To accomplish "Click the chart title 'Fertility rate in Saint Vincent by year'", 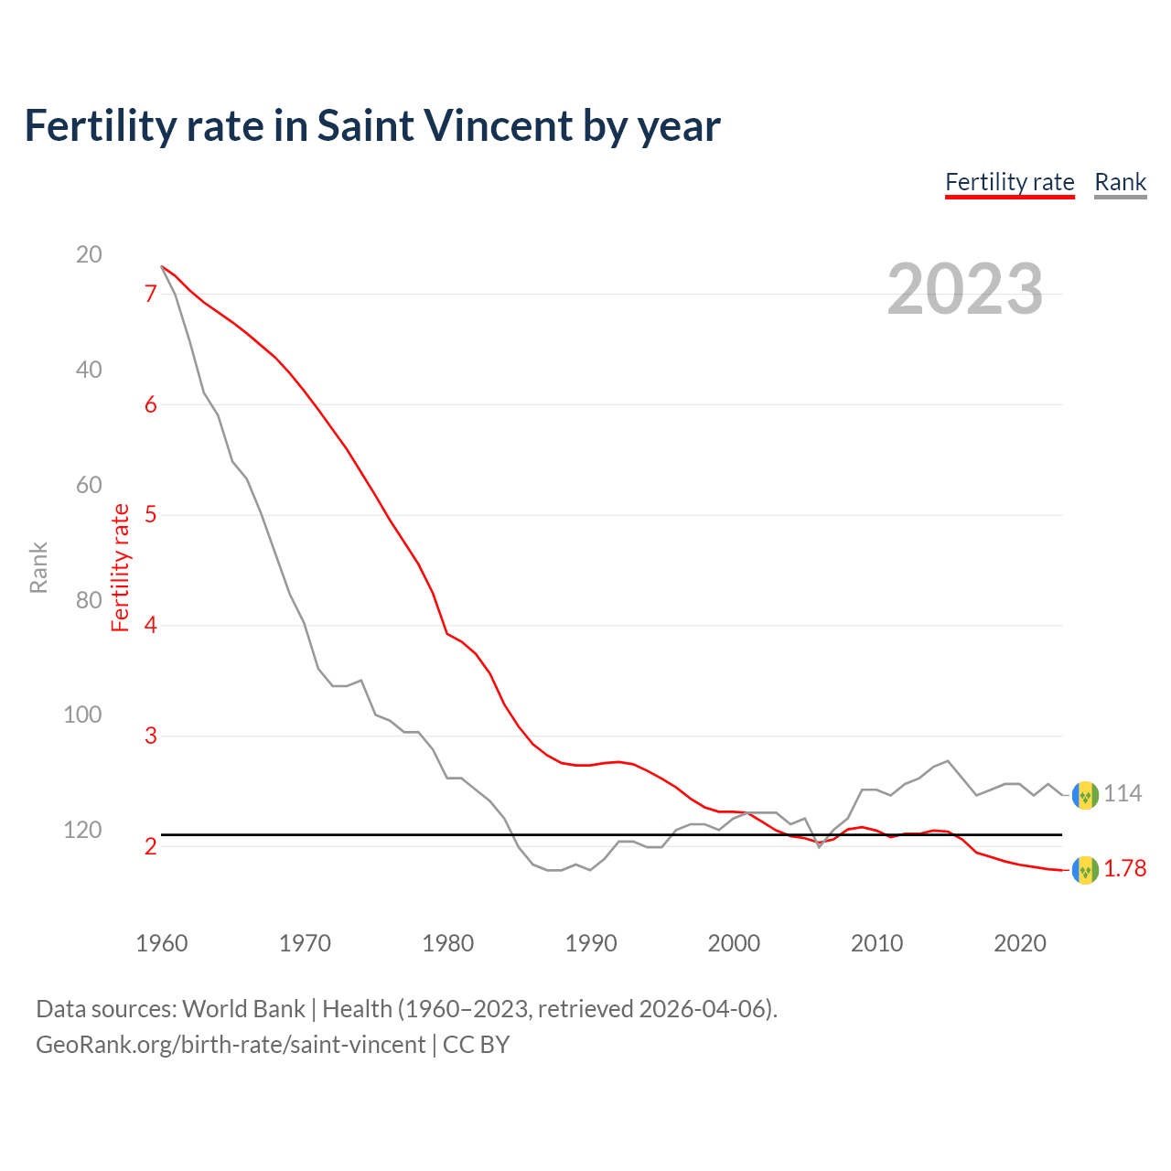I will tap(372, 126).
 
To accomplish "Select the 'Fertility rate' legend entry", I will tap(1009, 183).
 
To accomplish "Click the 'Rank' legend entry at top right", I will tap(1120, 183).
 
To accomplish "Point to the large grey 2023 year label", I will tap(964, 289).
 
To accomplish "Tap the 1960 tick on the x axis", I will tap(162, 943).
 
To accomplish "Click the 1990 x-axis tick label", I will tap(591, 943).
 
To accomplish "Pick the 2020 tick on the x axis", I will tap(1020, 943).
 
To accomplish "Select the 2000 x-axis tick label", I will tap(734, 943).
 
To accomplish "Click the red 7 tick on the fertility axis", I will tap(151, 295).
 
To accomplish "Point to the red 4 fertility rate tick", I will tap(151, 626).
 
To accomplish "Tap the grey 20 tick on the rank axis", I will tap(89, 254).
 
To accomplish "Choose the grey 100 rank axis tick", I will tap(82, 714).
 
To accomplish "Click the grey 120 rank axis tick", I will tap(82, 830).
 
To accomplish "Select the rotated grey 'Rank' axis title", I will tap(38, 567).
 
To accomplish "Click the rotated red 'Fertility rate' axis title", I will tap(120, 567).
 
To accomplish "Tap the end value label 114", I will tap(1123, 794).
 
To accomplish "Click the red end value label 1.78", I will tap(1124, 869).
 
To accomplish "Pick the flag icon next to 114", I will tap(1085, 795).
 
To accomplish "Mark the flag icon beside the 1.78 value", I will tap(1085, 870).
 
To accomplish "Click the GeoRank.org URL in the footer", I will tap(231, 1045).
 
